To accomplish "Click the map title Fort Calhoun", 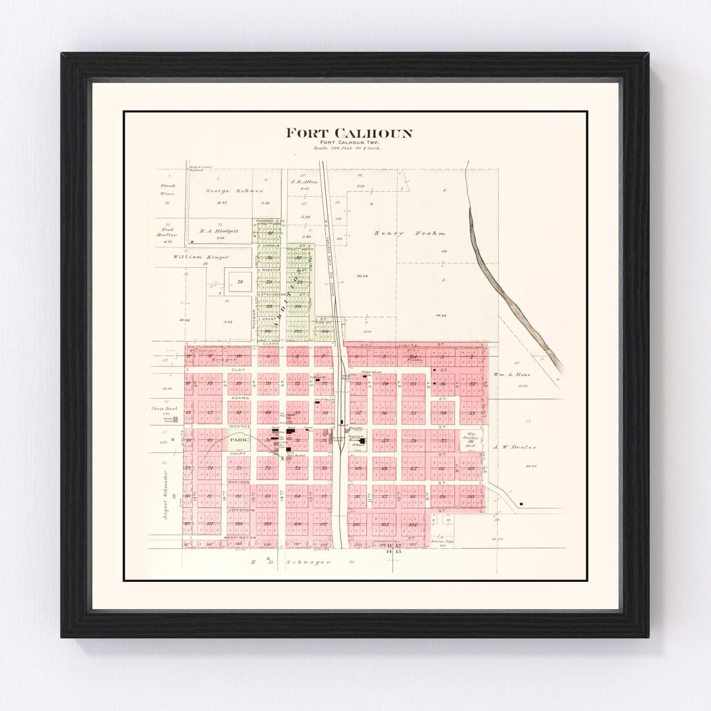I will [x=349, y=134].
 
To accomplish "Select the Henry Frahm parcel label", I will [x=409, y=233].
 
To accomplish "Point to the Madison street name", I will [x=239, y=482].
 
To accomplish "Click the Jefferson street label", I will [x=241, y=510].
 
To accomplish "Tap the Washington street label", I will [x=240, y=538].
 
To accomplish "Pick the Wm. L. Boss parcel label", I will [x=512, y=375].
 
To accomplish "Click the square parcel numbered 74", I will [x=240, y=282].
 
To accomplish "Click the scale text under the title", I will [x=349, y=149].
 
